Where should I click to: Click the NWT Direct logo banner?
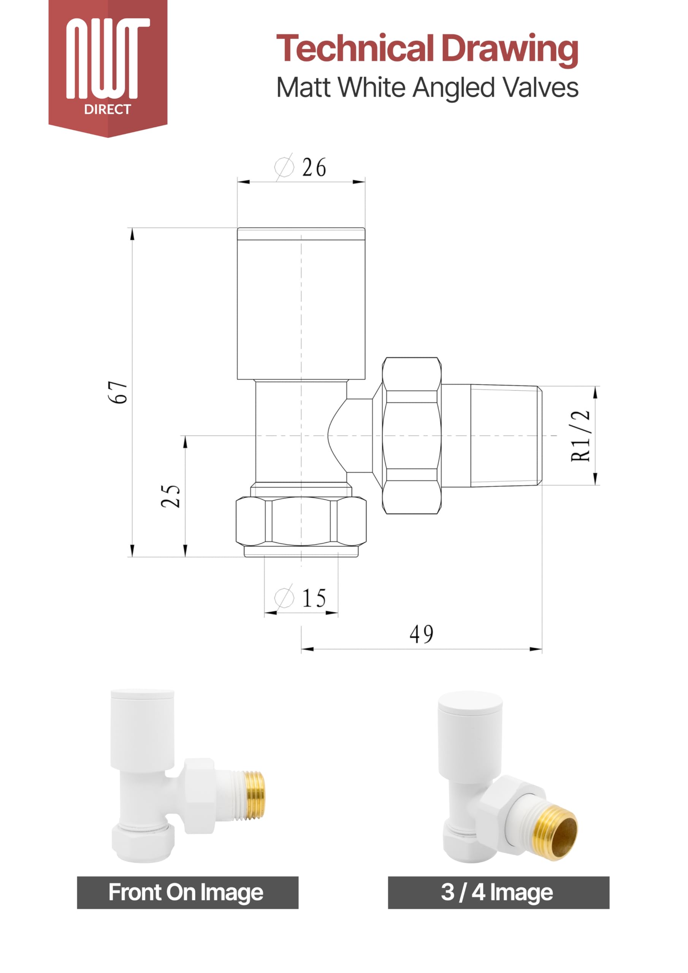[108, 68]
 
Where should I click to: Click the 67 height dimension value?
[118, 392]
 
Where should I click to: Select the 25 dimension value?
[171, 496]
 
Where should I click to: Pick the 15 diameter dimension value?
[314, 599]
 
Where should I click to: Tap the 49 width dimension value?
[422, 634]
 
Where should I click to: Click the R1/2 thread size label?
[581, 435]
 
